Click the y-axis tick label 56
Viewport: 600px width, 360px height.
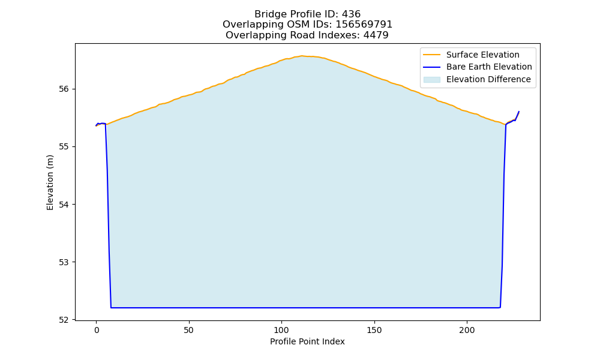pyautogui.click(x=64, y=89)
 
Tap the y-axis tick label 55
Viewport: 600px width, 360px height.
pyautogui.click(x=64, y=147)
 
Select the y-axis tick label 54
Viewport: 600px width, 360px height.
pyautogui.click(x=64, y=205)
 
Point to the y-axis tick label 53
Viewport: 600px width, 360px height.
pyautogui.click(x=64, y=262)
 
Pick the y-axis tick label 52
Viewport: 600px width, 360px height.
pyautogui.click(x=64, y=320)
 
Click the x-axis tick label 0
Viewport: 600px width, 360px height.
pyautogui.click(x=97, y=331)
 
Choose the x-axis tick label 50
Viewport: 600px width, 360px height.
pyautogui.click(x=188, y=331)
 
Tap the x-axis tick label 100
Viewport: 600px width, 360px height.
pyautogui.click(x=281, y=331)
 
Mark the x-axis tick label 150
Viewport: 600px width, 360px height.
pyautogui.click(x=374, y=331)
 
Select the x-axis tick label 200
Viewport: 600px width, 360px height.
pyautogui.click(x=467, y=331)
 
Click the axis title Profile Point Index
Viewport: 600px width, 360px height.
pyautogui.click(x=307, y=341)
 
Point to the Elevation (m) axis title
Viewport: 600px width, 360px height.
pyautogui.click(x=50, y=182)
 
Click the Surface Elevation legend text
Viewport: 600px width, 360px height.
pyautogui.click(x=483, y=55)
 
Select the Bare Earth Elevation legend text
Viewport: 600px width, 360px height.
pyautogui.click(x=489, y=67)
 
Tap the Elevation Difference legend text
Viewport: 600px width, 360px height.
pyautogui.click(x=488, y=79)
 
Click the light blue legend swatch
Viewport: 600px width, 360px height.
pyautogui.click(x=432, y=80)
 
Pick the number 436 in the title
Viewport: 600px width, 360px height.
pyautogui.click(x=351, y=14)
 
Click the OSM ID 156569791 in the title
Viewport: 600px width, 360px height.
pyautogui.click(x=364, y=25)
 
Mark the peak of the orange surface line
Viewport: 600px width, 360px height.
pyautogui.click(x=302, y=56)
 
